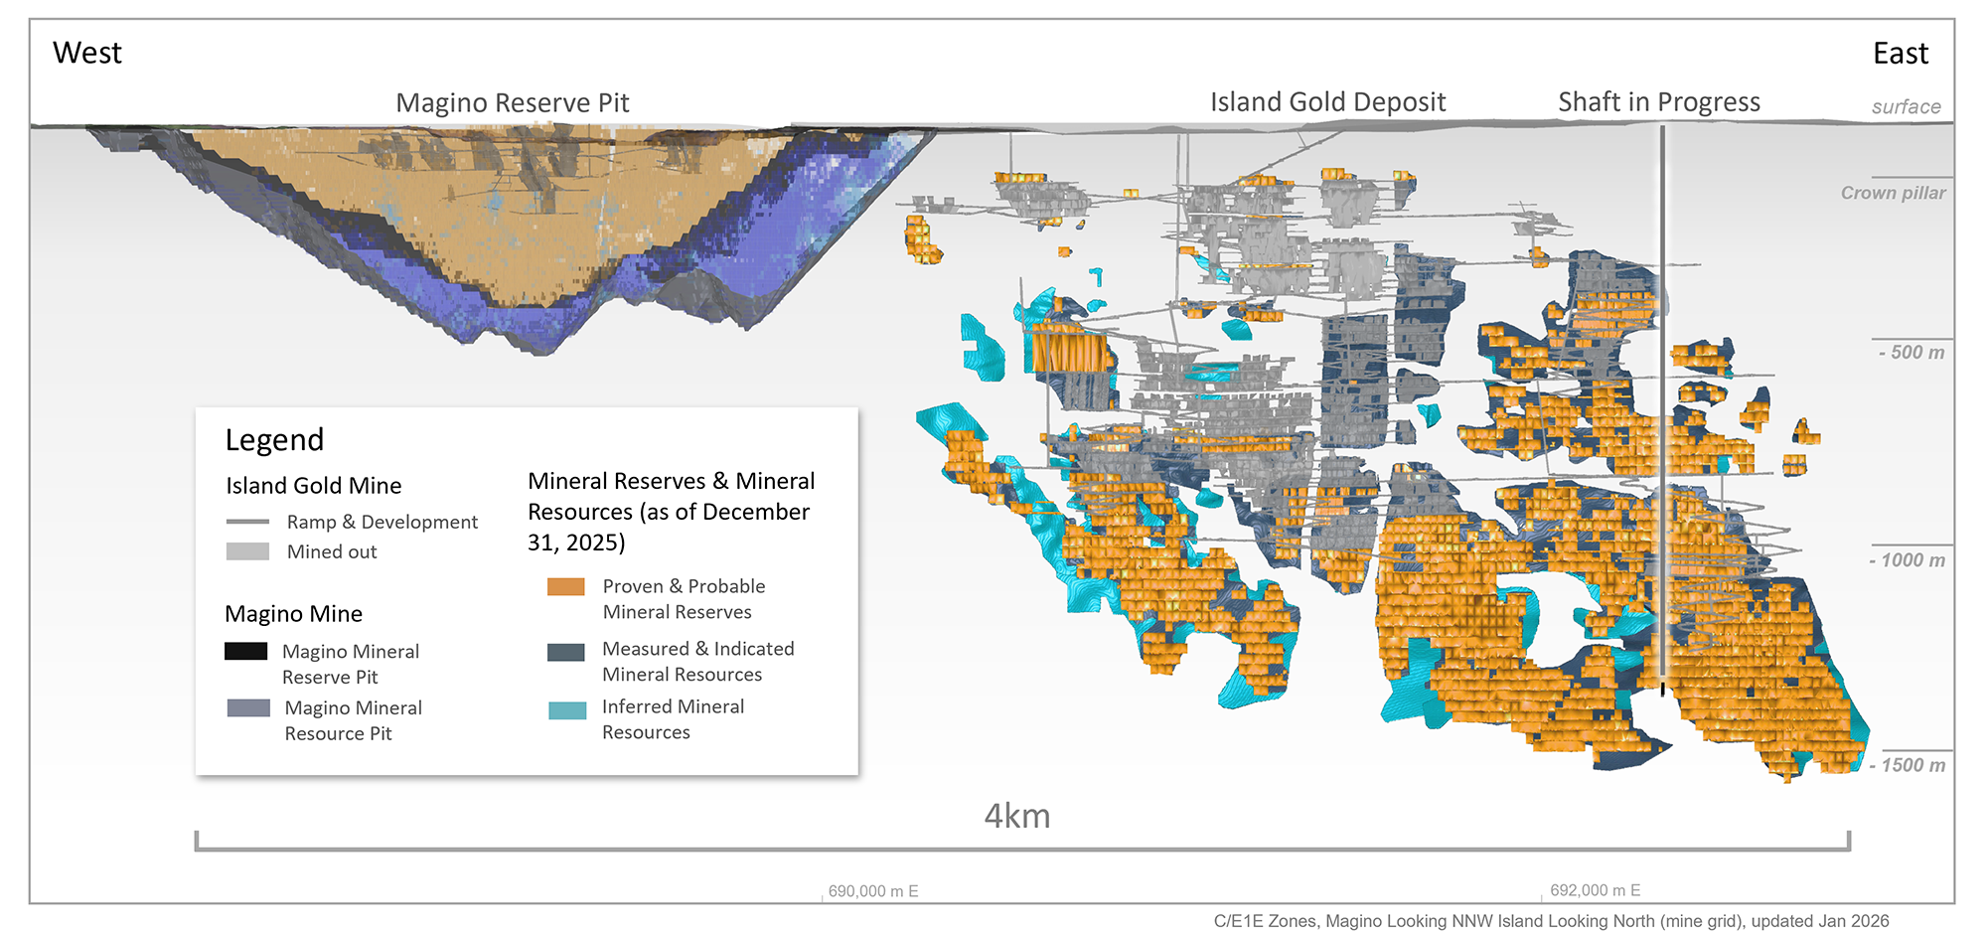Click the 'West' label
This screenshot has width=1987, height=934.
[x=87, y=53]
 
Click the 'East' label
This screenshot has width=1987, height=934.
[x=1900, y=54]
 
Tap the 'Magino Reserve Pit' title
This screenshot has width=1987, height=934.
[x=512, y=103]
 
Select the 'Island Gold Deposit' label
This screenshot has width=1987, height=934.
[x=1327, y=102]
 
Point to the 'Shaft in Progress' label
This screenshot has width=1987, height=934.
[x=1658, y=102]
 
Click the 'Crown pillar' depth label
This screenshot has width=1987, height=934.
[x=1893, y=193]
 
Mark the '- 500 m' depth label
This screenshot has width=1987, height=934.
[x=1911, y=353]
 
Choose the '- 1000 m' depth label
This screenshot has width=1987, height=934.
[x=1907, y=560]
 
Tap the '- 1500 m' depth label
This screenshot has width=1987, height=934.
[x=1907, y=765]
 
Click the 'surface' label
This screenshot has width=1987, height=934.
[x=1906, y=107]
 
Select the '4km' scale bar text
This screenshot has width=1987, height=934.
[x=1016, y=816]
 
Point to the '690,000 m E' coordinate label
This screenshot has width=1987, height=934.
[x=873, y=891]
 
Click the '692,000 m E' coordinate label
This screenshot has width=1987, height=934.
[x=1595, y=890]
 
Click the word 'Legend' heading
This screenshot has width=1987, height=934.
[x=274, y=440]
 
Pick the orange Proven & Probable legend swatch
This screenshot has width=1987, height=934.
[x=565, y=587]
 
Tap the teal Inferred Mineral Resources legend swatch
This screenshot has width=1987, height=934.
[x=566, y=710]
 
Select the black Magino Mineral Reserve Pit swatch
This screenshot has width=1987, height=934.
[x=245, y=652]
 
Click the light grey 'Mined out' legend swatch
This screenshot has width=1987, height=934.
[x=247, y=551]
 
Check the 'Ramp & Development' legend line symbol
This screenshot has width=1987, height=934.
[x=247, y=522]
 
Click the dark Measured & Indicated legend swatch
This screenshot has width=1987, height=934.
[x=565, y=652]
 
